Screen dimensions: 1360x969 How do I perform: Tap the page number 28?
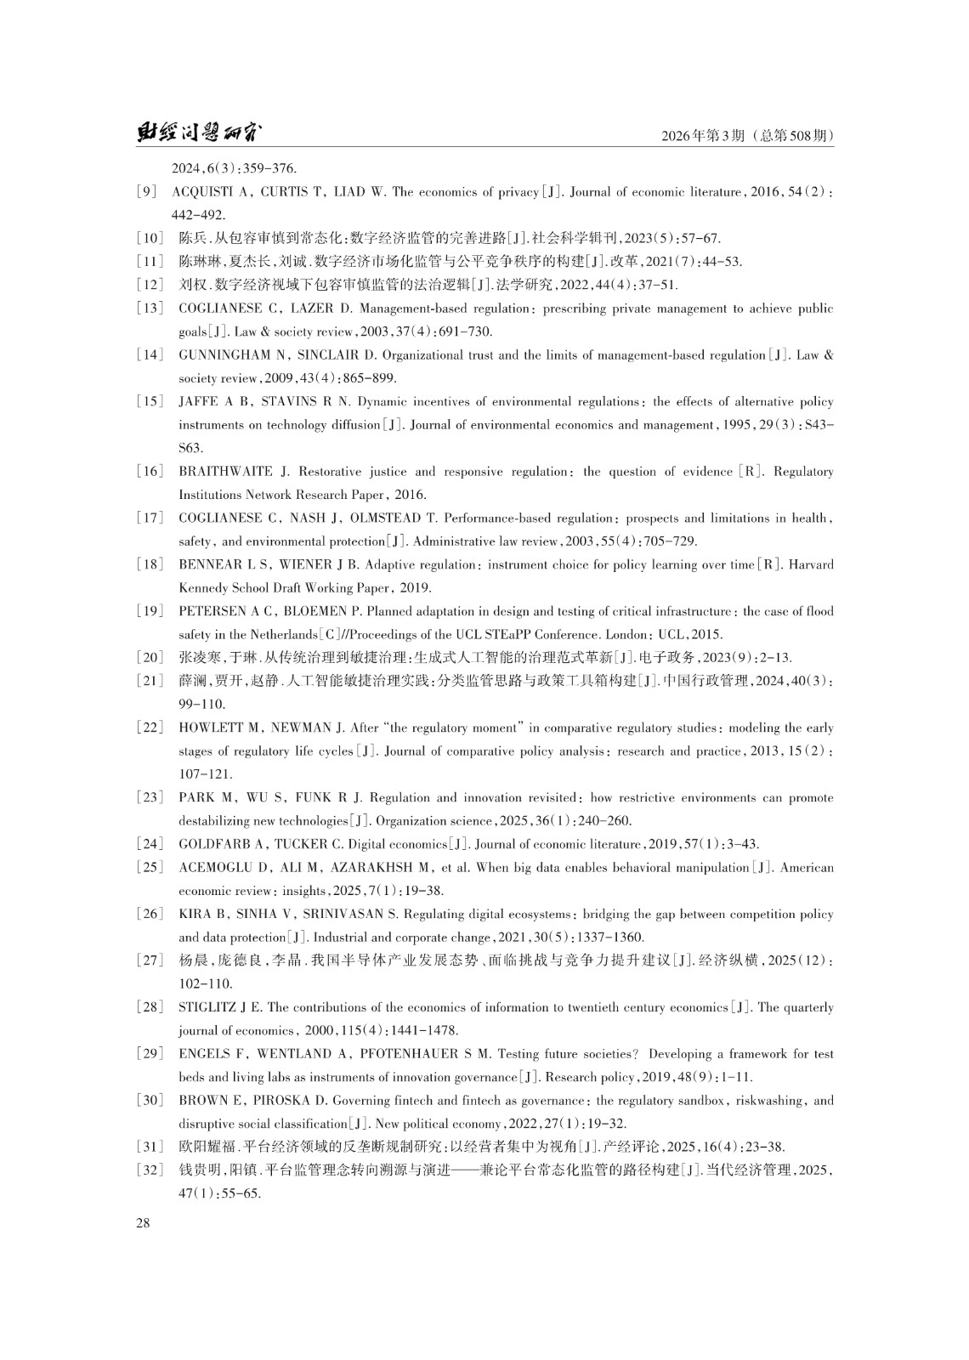point(142,1223)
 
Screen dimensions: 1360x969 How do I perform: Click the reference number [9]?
point(146,192)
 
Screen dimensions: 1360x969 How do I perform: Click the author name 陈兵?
point(192,239)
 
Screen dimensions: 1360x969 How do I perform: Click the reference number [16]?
point(150,472)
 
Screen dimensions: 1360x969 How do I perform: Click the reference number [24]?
point(150,844)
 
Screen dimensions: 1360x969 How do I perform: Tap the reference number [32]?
point(150,1170)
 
